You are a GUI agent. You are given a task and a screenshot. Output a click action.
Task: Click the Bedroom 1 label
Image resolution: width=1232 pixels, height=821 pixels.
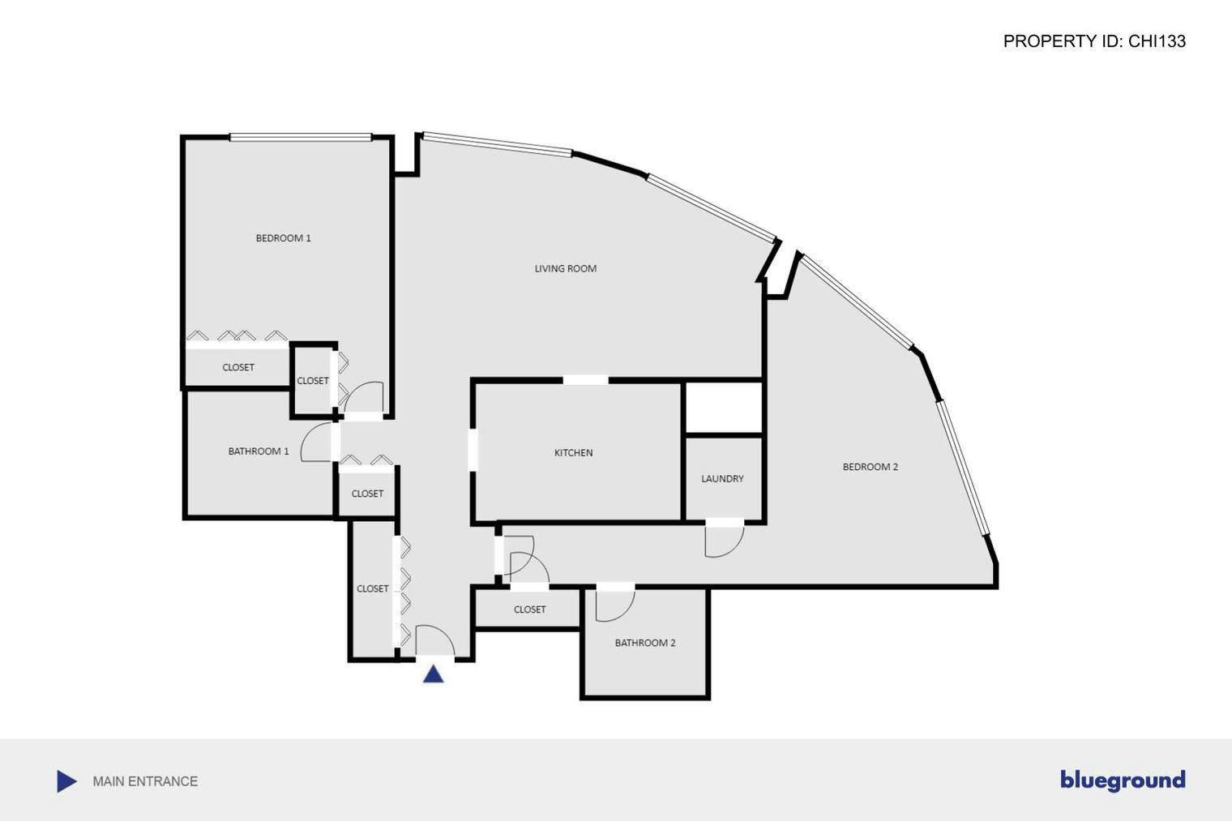pos(283,238)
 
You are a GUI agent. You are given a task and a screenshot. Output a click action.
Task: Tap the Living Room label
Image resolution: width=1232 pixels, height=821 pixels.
pos(566,268)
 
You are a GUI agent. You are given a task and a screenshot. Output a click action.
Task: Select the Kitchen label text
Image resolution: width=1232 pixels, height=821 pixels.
pos(573,452)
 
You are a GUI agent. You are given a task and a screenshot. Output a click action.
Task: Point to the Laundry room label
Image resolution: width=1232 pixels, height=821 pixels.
pos(722,478)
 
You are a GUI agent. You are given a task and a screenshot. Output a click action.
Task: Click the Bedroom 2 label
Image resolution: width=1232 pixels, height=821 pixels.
pos(871,467)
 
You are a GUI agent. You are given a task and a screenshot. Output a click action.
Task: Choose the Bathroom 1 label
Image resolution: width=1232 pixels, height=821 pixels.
pos(258,451)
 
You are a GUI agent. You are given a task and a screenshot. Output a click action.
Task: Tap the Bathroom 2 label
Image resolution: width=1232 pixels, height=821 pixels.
pos(644,642)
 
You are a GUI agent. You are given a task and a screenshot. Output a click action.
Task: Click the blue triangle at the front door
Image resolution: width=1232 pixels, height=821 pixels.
pos(434,674)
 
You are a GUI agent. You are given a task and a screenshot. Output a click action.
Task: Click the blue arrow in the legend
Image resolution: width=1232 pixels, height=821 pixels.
pos(66,781)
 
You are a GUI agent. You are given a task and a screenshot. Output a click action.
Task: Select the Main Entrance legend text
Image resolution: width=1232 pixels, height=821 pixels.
pos(145,781)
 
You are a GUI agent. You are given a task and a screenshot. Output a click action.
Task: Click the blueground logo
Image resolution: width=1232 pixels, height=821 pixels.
pos(1123,780)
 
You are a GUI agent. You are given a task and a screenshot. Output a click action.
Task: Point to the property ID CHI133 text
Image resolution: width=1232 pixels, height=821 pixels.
pos(1094,41)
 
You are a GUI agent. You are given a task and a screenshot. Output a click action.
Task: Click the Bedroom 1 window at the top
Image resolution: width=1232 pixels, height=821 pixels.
pos(300,138)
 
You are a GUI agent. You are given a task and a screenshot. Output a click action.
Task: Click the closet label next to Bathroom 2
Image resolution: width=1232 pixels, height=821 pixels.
pos(529,609)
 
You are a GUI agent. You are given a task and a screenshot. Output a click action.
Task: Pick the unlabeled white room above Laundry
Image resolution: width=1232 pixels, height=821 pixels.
pos(724,408)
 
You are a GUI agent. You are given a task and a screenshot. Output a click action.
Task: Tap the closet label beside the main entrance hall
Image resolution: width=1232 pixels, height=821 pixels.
pos(372,588)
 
